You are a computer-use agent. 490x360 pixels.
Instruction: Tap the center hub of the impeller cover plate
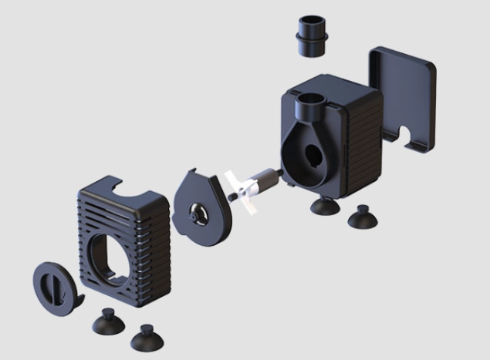(x=200, y=211)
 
